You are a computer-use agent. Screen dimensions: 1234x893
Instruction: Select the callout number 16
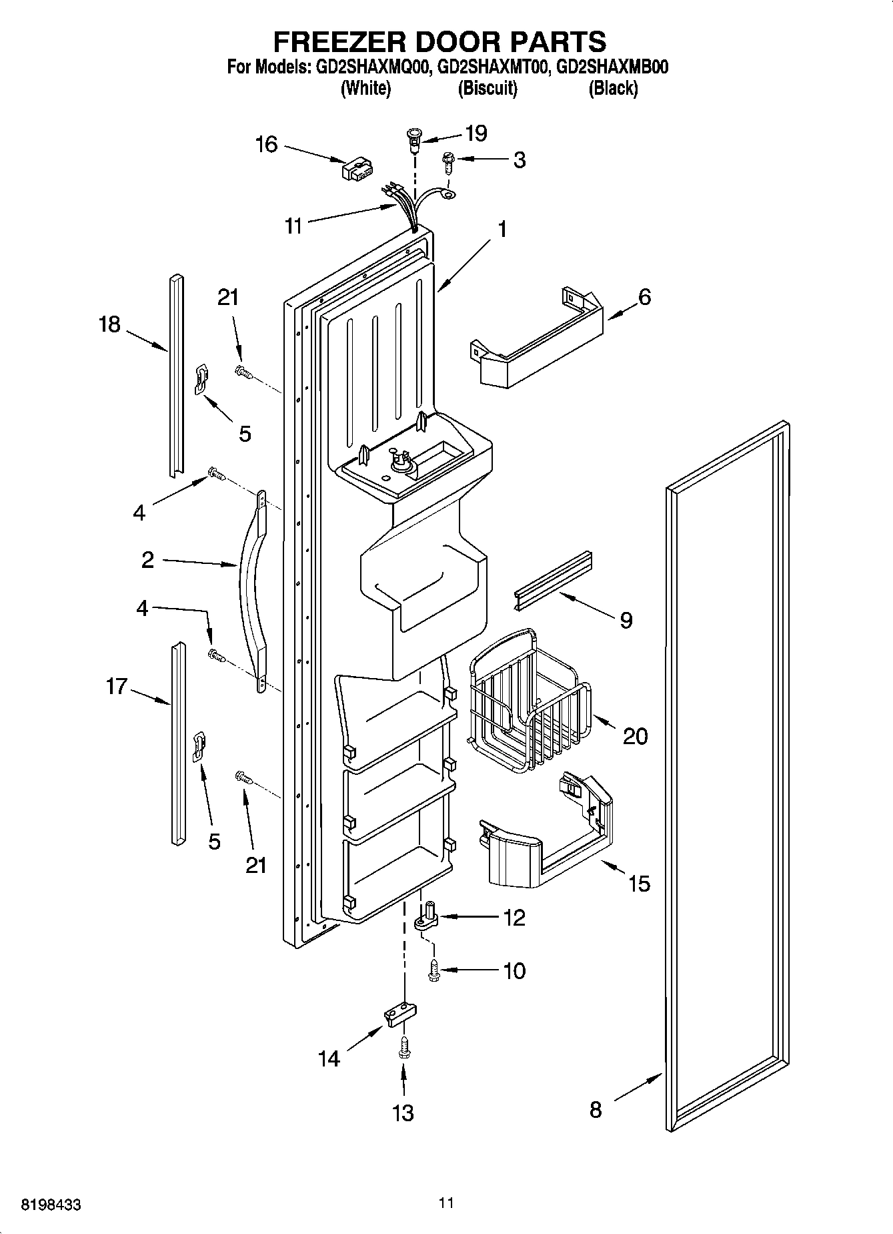pos(267,143)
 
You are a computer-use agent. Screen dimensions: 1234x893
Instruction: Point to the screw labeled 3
pos(449,162)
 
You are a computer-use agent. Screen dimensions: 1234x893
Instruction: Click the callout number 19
pos(476,133)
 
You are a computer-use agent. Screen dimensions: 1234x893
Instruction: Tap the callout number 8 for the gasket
pos(596,1109)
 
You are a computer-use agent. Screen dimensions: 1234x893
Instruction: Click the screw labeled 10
pos(434,971)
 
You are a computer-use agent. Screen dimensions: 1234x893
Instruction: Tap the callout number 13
pos(403,1113)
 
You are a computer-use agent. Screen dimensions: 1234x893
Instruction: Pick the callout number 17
pos(117,686)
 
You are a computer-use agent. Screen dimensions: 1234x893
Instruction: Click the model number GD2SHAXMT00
pos(492,67)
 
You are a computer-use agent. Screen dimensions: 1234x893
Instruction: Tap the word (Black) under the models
pos(612,88)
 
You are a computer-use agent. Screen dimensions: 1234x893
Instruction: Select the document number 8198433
pos(51,1205)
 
